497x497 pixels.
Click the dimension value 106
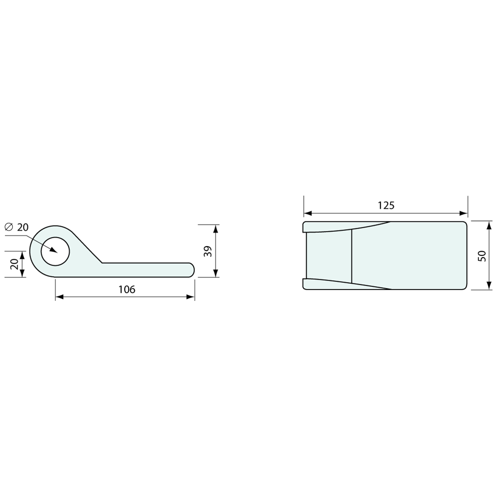127,289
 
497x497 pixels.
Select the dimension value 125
386,206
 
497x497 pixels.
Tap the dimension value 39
208,251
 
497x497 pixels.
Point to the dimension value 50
482,256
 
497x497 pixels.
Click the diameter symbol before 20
9,227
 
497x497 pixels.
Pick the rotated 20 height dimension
14,264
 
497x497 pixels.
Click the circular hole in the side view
55,251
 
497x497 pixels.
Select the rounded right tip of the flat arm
192,269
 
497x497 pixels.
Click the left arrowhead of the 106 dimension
60,297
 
